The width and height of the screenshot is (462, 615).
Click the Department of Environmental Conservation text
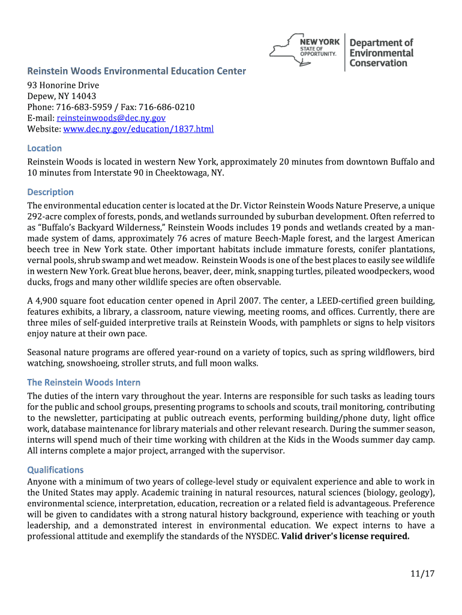click(x=382, y=53)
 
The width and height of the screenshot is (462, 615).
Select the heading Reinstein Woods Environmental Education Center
click(x=136, y=71)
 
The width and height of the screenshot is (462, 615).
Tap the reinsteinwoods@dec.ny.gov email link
click(x=111, y=118)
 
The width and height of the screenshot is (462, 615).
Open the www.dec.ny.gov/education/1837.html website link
click(x=138, y=129)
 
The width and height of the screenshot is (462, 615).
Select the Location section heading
click(x=44, y=148)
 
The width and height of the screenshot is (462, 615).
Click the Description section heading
click(x=50, y=192)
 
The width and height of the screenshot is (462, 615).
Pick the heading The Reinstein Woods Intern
click(x=84, y=383)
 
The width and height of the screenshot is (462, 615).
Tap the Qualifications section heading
click(x=55, y=470)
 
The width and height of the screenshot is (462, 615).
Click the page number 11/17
click(x=422, y=574)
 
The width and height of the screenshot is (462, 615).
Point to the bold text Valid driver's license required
click(x=345, y=536)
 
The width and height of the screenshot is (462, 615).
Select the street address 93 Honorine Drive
click(x=63, y=85)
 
